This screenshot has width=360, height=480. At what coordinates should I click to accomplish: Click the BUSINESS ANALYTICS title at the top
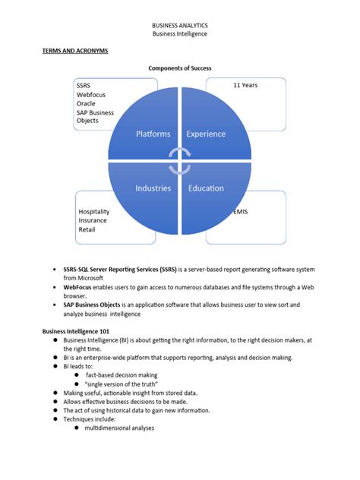coord(179,25)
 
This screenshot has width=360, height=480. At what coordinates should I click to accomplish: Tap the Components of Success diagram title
coord(180,68)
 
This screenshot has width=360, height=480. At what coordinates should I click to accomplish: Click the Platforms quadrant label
coord(153,134)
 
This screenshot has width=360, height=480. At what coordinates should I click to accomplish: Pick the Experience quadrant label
coord(206,134)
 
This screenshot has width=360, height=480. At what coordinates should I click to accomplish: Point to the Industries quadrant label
coord(153,188)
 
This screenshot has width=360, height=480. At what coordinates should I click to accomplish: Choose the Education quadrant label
coord(206,188)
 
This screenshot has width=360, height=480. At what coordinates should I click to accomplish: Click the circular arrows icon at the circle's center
coord(180,161)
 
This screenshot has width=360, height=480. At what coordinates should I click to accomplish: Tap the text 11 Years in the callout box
coord(245,85)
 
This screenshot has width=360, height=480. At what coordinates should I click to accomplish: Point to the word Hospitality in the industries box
coord(94,212)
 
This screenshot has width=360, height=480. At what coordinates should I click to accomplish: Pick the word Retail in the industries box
coord(87,229)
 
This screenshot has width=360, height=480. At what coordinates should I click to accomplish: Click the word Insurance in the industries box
coord(93,221)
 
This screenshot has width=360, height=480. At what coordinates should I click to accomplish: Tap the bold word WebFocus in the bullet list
coord(80,288)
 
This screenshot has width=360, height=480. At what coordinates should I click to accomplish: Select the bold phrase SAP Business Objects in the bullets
coord(98,305)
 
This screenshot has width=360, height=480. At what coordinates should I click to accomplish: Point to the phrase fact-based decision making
coord(121,374)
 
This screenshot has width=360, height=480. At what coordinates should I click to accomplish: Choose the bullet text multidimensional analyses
coord(119,428)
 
